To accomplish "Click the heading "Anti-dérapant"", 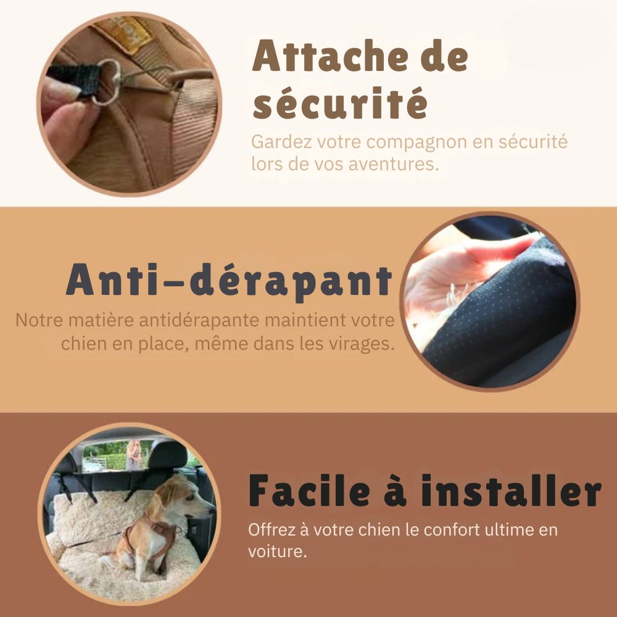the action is (x=230, y=280).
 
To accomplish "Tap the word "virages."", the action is (x=361, y=344).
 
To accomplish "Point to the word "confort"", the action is (x=452, y=529).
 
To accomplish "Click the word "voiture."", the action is (x=278, y=551).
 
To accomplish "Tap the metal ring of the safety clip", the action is (x=107, y=82).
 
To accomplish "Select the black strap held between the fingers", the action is (x=74, y=80).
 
